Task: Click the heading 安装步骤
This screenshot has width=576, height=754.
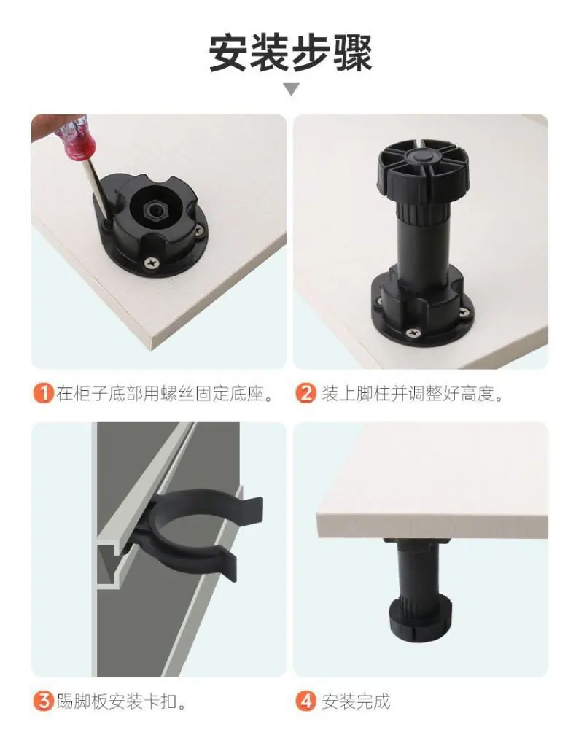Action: [x=291, y=53]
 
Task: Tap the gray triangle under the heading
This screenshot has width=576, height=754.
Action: [x=292, y=89]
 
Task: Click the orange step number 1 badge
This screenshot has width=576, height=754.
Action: [x=43, y=393]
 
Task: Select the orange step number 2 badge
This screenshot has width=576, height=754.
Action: [x=305, y=393]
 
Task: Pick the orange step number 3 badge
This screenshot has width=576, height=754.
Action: [x=43, y=701]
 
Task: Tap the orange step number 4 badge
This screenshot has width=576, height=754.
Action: [x=305, y=701]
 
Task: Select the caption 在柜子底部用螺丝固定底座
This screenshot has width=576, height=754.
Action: [x=165, y=394]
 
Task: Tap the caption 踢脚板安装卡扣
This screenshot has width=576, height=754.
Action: [x=121, y=701]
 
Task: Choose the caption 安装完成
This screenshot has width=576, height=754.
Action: [x=355, y=701]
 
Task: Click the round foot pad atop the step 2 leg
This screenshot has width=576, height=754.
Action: [x=422, y=168]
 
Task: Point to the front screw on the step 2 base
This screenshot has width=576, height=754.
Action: [x=412, y=332]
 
